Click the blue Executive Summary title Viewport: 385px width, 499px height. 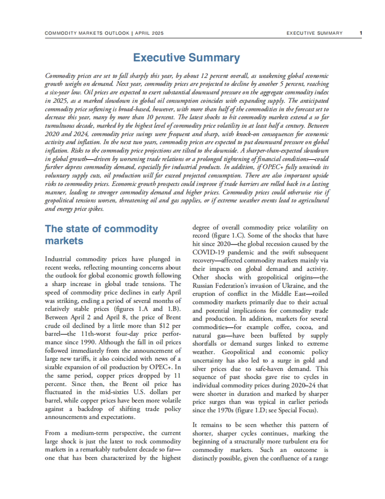(186, 58)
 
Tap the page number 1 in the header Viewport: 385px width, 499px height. (361, 33)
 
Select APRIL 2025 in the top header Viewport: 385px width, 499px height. (149, 33)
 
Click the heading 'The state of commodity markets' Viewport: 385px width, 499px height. (101, 235)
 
